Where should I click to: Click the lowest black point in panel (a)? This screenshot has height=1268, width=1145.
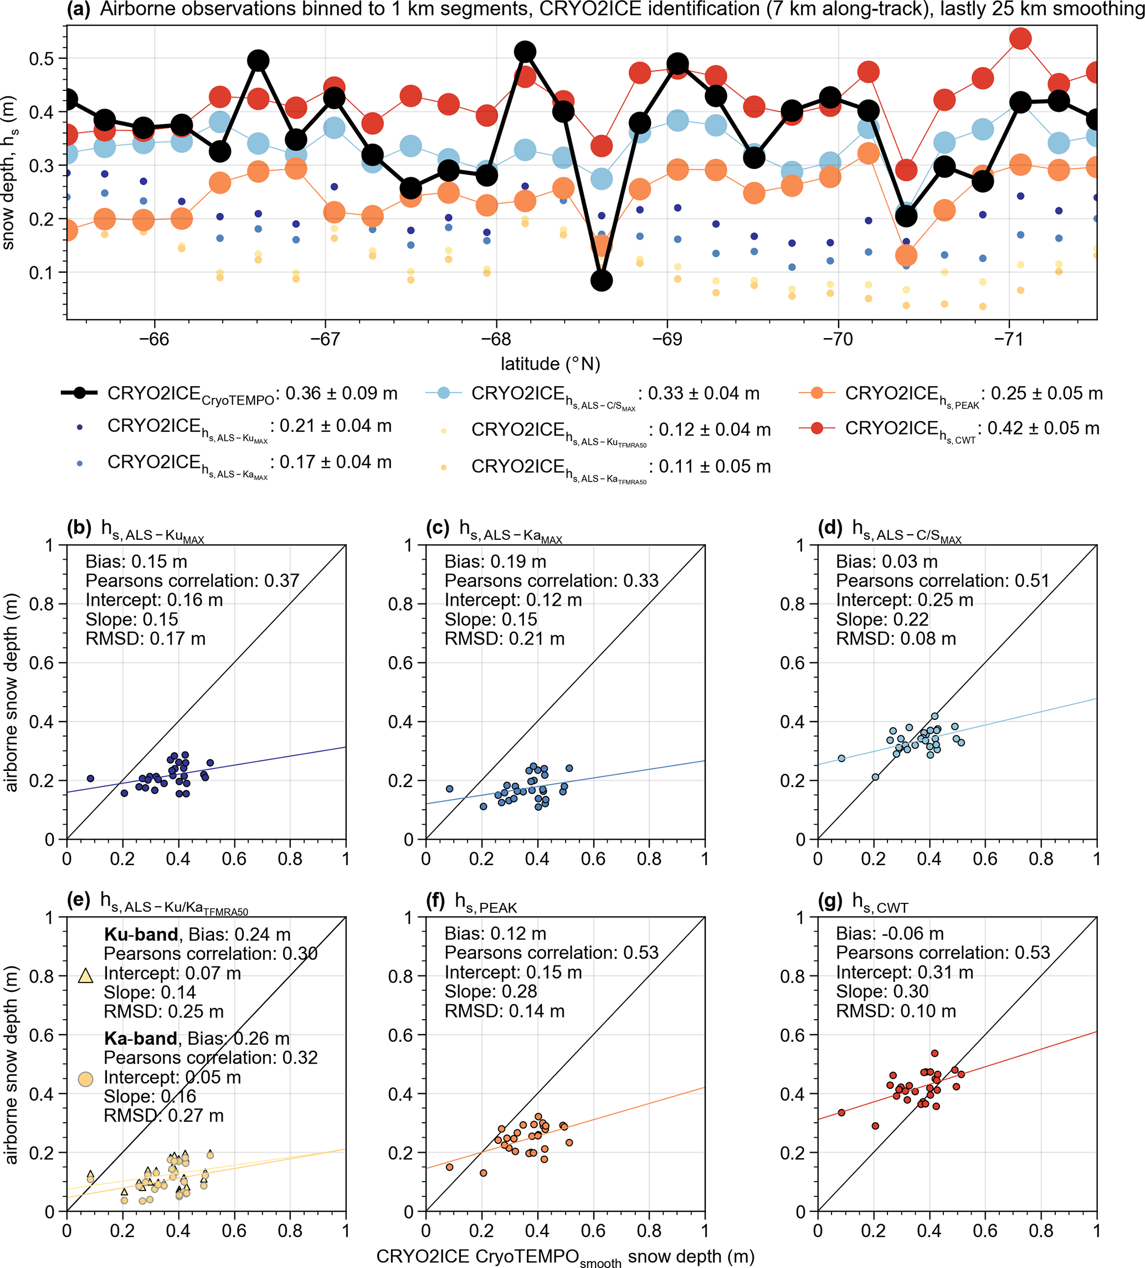[601, 280]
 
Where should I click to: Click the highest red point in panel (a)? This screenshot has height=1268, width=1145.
[1020, 38]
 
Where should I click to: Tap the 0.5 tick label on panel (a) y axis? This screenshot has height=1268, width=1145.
[42, 59]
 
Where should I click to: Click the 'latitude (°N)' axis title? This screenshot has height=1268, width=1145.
[550, 364]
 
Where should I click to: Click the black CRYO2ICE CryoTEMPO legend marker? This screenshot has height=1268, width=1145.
[79, 393]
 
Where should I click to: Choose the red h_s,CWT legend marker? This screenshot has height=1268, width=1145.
[816, 428]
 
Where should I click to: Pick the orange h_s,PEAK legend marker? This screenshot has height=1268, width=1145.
[816, 393]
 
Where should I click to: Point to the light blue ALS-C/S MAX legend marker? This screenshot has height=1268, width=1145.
[443, 393]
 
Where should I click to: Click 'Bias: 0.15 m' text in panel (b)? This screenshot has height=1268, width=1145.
[136, 561]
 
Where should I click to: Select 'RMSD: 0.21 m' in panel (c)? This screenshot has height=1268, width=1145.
[504, 638]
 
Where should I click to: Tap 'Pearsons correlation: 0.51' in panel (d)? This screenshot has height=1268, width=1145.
[943, 581]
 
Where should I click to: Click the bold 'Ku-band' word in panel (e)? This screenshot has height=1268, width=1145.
[141, 934]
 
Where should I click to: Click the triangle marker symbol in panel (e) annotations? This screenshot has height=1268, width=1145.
[85, 975]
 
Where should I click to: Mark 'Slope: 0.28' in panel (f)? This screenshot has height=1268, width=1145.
[490, 991]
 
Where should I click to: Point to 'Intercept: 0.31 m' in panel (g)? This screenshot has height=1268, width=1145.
[904, 973]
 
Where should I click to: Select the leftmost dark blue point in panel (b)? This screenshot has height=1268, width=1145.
[90, 778]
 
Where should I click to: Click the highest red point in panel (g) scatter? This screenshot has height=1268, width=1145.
[935, 1053]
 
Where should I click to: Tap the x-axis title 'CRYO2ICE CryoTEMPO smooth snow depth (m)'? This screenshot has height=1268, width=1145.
[564, 1257]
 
